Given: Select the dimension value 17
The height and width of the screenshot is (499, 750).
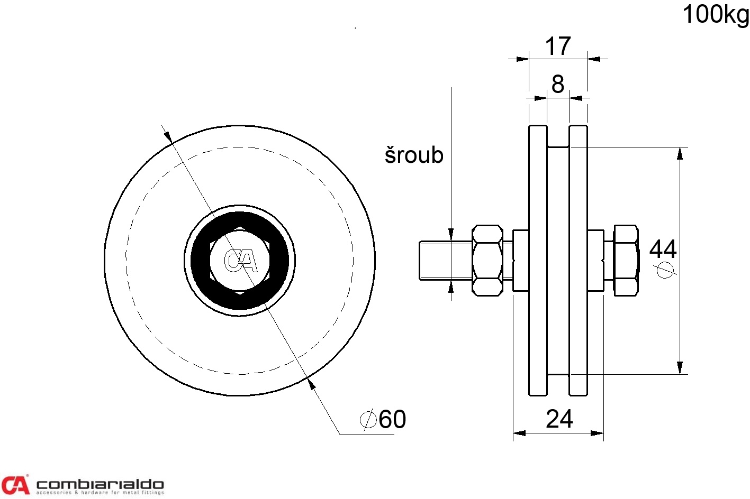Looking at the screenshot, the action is tap(558, 46).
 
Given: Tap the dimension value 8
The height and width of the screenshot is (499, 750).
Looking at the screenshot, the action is tap(558, 84).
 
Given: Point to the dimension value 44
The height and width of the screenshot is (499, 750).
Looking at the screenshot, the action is tap(663, 249).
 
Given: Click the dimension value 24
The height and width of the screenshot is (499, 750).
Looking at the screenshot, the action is tap(559, 419).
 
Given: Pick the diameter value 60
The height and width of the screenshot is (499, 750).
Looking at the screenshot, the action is tap(392, 419).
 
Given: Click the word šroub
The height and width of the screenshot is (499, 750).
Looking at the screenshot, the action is tap(414, 155).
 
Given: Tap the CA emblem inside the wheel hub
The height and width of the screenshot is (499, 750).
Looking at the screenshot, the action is tap(241, 261).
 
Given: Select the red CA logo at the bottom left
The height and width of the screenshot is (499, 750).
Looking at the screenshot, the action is tap(15, 484).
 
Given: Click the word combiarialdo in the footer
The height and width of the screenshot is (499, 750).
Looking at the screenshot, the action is tap(100, 484).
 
